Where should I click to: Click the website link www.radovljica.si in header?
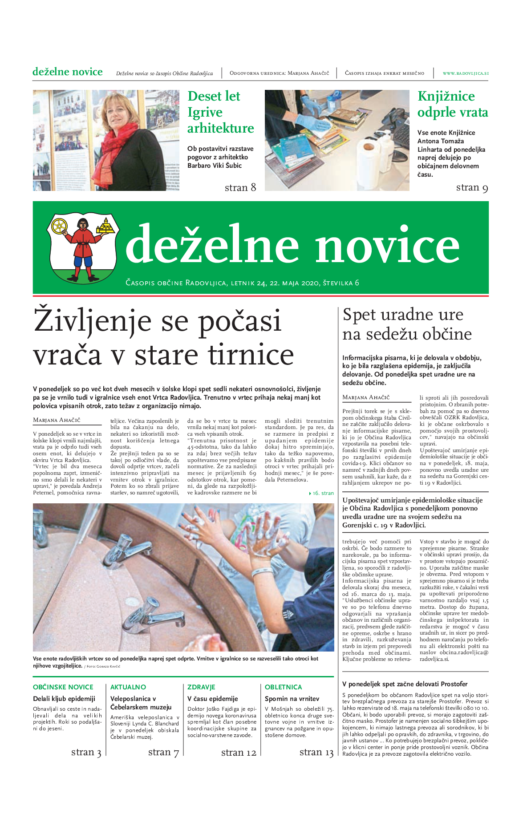pyautogui.click(x=465, y=73)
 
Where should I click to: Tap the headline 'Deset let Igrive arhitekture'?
pyautogui.click(x=220, y=112)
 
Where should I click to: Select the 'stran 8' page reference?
pyautogui.click(x=240, y=188)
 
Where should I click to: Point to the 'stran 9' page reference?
pyautogui.click(x=472, y=188)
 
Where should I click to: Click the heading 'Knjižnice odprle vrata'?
pyautogui.click(x=452, y=104)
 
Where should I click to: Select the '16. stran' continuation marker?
pyautogui.click(x=322, y=493)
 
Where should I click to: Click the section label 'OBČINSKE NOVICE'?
pyautogui.click(x=63, y=687)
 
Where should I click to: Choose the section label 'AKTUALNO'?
pyautogui.click(x=128, y=687)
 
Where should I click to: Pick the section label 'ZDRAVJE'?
pyautogui.click(x=201, y=687)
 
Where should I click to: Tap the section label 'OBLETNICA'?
pyautogui.click(x=283, y=687)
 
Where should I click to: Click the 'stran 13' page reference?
pyautogui.click(x=316, y=753)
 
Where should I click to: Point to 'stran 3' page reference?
pyautogui.click(x=86, y=753)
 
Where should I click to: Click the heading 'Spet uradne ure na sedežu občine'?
pyautogui.click(x=407, y=324)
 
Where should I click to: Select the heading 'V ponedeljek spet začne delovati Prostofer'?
pyautogui.click(x=405, y=684)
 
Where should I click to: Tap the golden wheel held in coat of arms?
pyautogui.click(x=59, y=226)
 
